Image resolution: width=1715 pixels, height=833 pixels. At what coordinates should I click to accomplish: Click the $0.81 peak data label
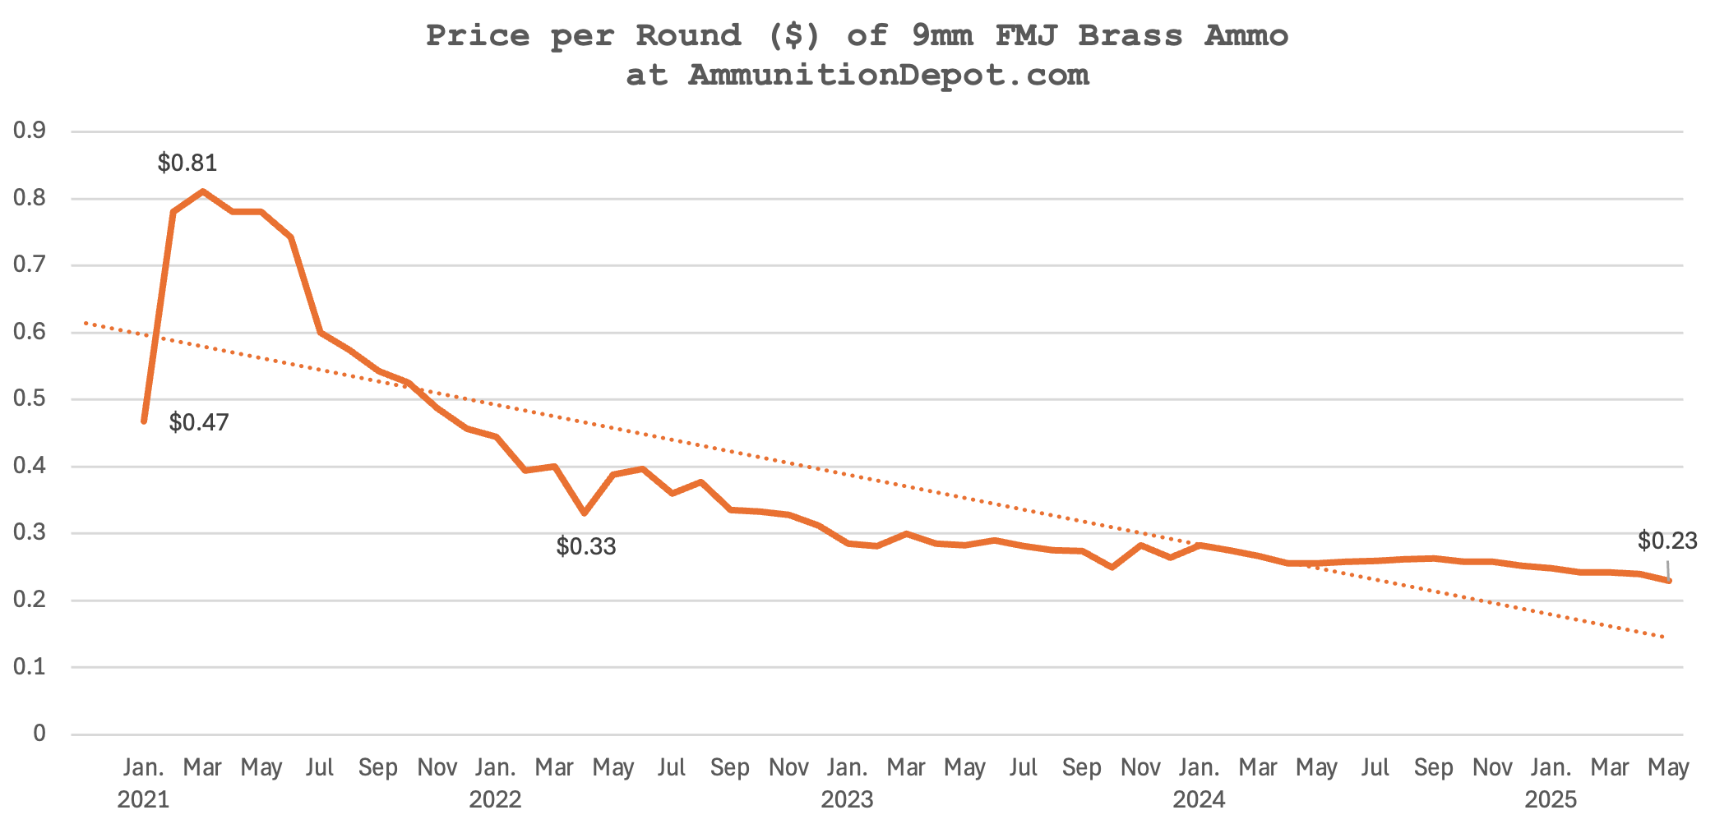click(187, 163)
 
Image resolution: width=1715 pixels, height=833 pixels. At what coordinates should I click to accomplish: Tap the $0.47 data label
click(199, 423)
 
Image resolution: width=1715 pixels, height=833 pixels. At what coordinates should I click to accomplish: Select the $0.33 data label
click(586, 546)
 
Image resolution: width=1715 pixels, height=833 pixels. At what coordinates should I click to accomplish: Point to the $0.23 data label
click(1667, 541)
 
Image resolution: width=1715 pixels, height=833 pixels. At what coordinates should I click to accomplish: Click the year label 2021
click(143, 799)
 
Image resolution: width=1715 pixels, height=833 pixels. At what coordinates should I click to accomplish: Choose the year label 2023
click(847, 799)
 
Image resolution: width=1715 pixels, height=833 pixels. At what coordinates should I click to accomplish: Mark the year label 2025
click(1551, 799)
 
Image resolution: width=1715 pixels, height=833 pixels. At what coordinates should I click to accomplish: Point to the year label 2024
click(1199, 799)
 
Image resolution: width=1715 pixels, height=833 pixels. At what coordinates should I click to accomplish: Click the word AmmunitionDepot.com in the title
click(888, 75)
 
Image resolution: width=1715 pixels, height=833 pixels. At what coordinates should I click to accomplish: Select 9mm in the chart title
click(942, 35)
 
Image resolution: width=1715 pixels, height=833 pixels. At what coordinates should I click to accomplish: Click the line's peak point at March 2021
click(202, 191)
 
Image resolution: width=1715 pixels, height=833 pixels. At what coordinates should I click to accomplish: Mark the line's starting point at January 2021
click(144, 421)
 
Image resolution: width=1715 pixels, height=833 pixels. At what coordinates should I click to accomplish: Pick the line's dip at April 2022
click(584, 513)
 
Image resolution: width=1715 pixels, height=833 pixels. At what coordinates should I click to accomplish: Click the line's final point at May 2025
click(1668, 581)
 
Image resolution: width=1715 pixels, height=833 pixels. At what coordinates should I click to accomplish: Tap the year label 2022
click(495, 799)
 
